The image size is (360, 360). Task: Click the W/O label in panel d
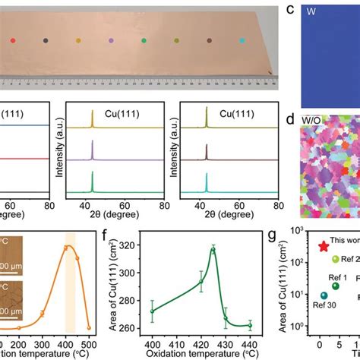coord(313,120)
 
